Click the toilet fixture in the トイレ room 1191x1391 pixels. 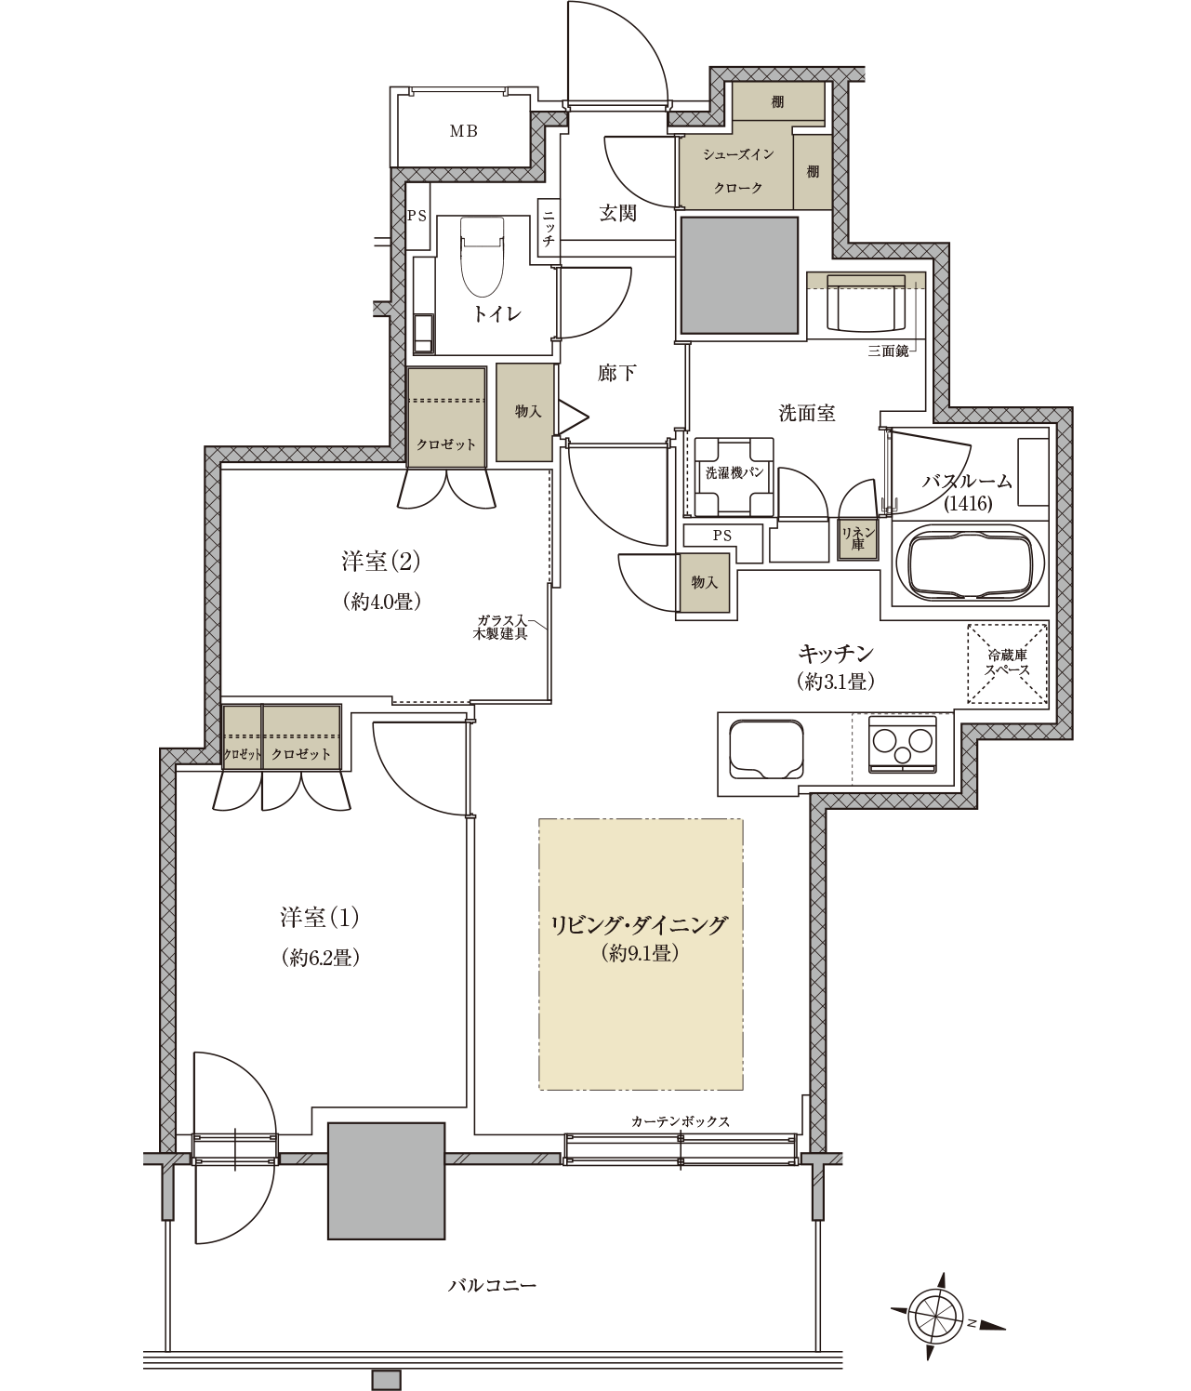[482, 256]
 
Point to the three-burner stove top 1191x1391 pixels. [902, 744]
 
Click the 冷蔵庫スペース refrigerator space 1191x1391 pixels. [1007, 664]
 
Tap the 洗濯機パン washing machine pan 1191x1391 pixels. [734, 476]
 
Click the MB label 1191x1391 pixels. [464, 131]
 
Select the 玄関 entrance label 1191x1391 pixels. [617, 214]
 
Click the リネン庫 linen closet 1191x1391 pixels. [858, 538]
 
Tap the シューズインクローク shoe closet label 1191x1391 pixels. [737, 171]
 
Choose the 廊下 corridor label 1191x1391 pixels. [616, 373]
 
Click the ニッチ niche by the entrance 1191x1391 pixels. [549, 228]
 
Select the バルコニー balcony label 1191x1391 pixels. [493, 1285]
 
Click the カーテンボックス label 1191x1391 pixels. [681, 1121]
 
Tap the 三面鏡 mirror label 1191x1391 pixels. [888, 351]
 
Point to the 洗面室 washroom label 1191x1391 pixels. [807, 413]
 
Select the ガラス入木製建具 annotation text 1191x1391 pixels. [502, 627]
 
